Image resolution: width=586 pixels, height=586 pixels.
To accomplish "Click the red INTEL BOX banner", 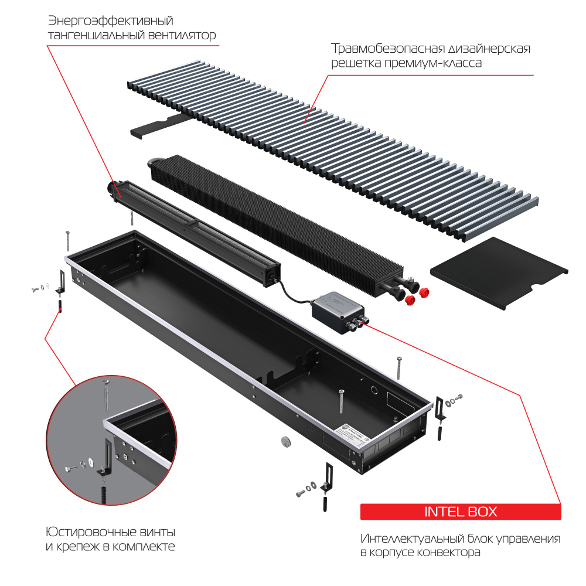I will pos(461,512).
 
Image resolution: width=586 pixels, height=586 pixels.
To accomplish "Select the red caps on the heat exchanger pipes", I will pos(418,297).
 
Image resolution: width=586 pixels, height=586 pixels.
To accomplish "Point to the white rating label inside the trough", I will pos(352,434).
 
